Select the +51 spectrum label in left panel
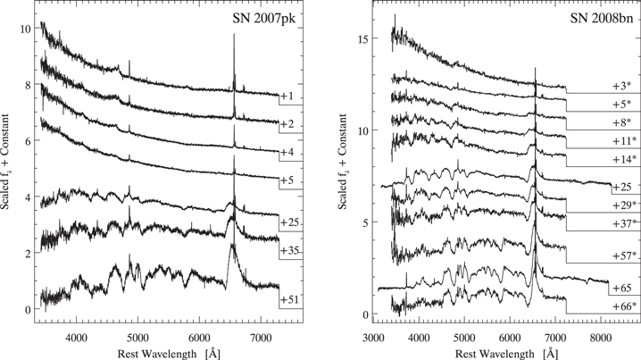click(289, 300)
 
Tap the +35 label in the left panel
click(289, 252)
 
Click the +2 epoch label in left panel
click(287, 123)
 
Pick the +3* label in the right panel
click(623, 86)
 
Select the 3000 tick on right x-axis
click(373, 339)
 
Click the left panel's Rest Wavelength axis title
click(166, 353)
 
